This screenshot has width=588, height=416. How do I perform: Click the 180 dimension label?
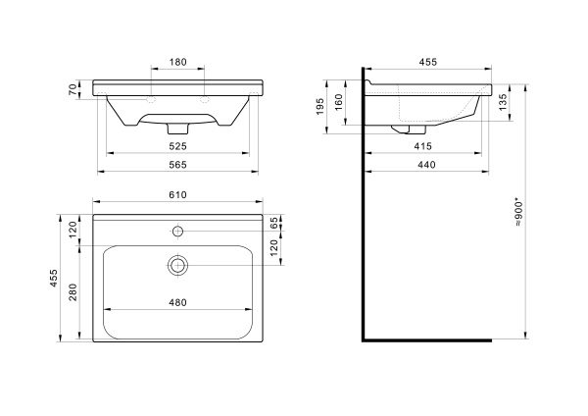point(177,62)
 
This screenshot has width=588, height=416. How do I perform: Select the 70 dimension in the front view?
point(73,89)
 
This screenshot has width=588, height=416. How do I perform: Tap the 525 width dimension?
point(177,146)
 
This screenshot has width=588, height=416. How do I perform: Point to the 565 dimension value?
point(177,165)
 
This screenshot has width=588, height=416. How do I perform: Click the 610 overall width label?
point(177,195)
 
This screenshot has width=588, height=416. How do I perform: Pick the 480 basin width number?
point(177,302)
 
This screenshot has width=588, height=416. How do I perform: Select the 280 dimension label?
point(73,292)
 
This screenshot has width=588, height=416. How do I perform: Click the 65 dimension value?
point(274,223)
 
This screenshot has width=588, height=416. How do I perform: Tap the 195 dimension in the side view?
point(319,107)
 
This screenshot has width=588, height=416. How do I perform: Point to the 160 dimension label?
point(338,102)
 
